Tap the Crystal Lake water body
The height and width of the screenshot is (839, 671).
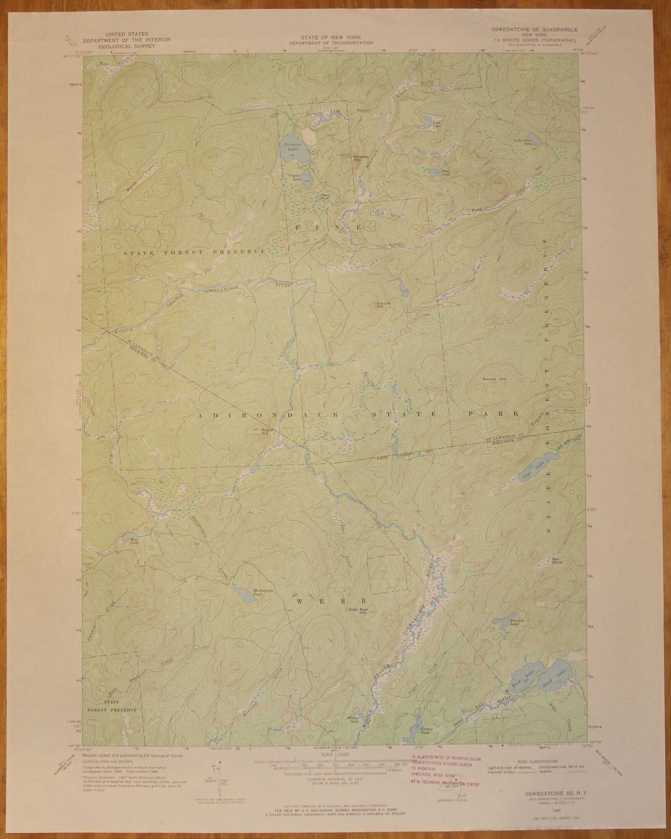308,180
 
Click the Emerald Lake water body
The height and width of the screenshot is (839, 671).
504,622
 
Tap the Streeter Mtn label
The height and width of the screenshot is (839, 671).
361,158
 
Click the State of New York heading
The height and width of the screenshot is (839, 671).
331,37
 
